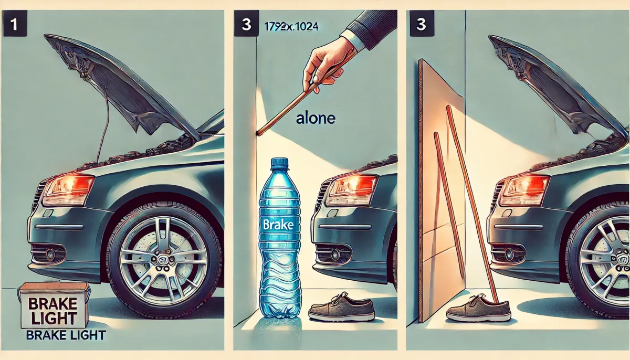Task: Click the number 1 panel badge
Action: pos(15,24)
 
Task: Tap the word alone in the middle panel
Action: pos(316,119)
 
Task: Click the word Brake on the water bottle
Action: pos(278,225)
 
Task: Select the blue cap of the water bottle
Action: pos(279,164)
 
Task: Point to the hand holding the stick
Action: pos(328,65)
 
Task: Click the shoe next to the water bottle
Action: pos(341,309)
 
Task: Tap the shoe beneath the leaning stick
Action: pos(478,309)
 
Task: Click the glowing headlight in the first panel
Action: pos(68,189)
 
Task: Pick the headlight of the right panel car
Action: pos(524,190)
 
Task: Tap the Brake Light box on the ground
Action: pos(54,305)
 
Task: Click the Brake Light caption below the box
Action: pos(66,335)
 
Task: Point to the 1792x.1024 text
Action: pos(291,27)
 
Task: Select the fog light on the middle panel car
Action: pos(335,254)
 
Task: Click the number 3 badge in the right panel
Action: pos(422,24)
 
